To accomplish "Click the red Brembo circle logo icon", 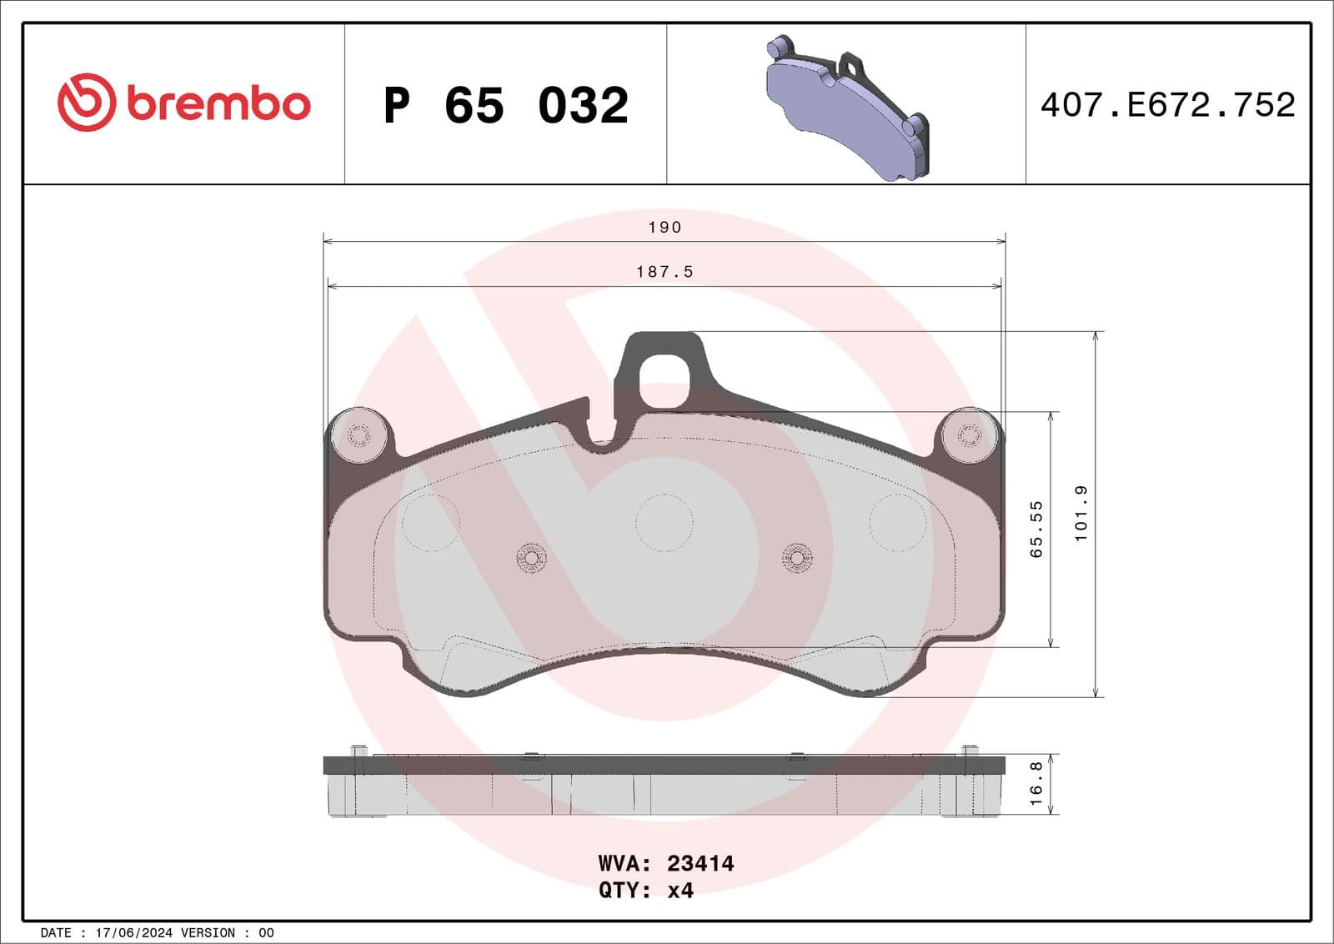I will pos(86,103).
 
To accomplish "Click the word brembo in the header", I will pos(219,104).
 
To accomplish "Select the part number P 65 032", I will pos(506,106).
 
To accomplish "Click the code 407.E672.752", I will pos(1167,105).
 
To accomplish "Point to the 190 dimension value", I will pos(664,228).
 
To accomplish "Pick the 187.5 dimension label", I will pos(664,272).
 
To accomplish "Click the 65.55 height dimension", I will pos(1036,530).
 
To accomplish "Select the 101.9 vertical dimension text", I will pos(1081,514).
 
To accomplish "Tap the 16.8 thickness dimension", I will pos(1036,783).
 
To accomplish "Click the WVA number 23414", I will pos(700,863).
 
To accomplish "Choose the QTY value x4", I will pos(680,891).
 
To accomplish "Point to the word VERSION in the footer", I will pos(208,932).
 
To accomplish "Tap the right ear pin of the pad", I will pos(969,434).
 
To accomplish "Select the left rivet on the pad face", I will pos(531,557).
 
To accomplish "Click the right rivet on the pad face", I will pos(797,557).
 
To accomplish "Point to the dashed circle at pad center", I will pos(664,523).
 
